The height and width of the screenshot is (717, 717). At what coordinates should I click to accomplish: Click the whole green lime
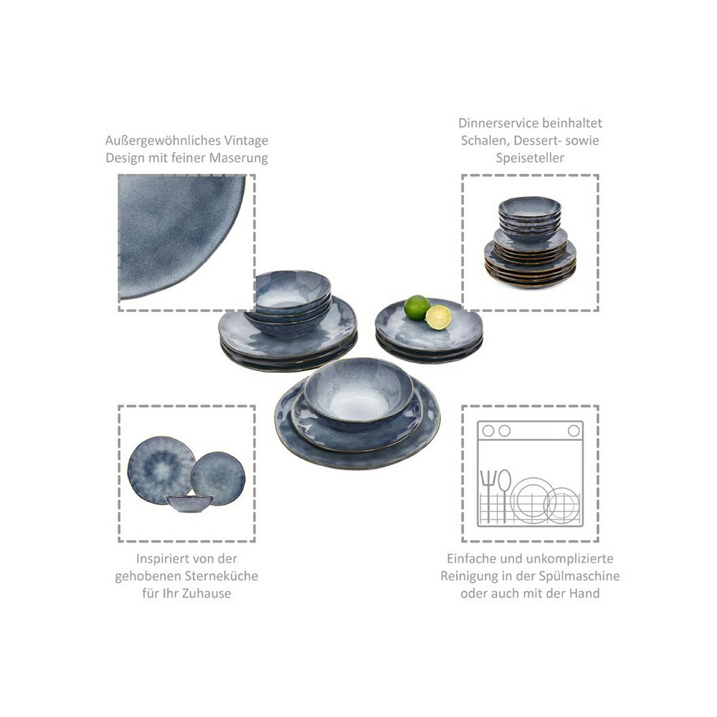coord(417,308)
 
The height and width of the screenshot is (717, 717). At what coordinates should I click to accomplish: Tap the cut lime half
coord(438,317)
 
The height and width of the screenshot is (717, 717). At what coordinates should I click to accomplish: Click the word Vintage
coord(244,141)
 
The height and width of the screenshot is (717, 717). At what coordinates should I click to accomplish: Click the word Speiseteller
coord(530,158)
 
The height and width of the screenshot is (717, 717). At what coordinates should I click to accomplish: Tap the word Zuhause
coord(208,593)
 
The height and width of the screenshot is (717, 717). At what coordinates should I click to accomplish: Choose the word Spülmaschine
coord(576,576)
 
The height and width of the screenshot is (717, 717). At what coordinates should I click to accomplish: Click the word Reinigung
coord(473,576)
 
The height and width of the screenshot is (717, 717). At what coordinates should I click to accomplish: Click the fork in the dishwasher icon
coord(489,494)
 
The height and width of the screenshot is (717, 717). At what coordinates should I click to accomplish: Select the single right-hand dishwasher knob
coord(574,431)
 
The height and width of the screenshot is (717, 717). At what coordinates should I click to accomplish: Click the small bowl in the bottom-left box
coord(189,503)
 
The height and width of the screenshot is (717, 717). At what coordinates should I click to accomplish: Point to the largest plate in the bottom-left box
coord(161,470)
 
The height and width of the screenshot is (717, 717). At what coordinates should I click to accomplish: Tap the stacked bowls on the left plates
coord(292,295)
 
